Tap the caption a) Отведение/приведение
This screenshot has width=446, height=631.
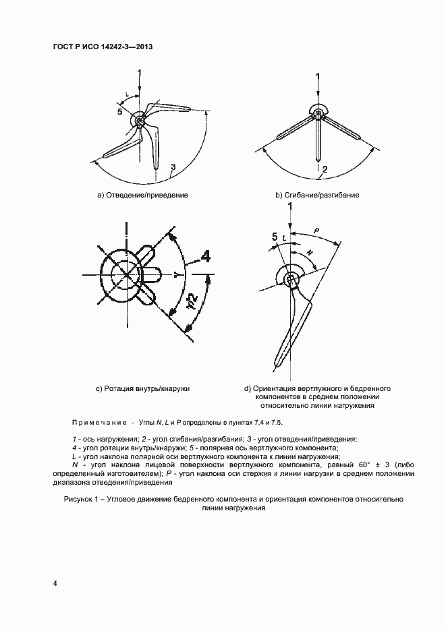(x=142, y=195)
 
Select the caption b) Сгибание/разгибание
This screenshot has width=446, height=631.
(x=317, y=195)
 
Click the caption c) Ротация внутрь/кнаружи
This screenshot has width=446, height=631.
(x=142, y=389)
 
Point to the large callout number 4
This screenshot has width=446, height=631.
(x=204, y=256)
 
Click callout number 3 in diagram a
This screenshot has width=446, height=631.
(x=173, y=167)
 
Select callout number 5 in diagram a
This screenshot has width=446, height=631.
(x=119, y=112)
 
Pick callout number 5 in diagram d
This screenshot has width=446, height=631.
(x=274, y=236)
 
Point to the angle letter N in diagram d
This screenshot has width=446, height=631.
(x=310, y=252)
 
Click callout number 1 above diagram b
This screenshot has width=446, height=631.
(x=318, y=76)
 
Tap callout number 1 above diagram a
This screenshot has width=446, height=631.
(x=139, y=72)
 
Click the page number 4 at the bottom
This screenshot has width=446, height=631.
(x=55, y=582)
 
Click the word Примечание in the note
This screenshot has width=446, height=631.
(x=99, y=422)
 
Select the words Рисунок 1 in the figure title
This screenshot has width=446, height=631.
(x=84, y=500)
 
